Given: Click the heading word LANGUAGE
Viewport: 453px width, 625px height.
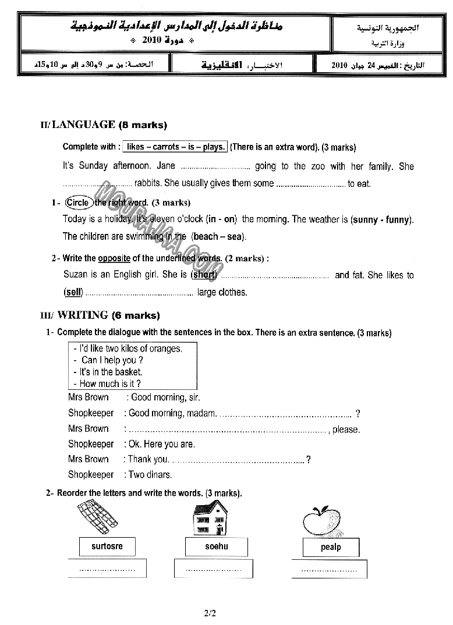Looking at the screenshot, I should point(84,125).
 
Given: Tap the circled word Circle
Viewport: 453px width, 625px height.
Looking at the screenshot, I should point(77,203).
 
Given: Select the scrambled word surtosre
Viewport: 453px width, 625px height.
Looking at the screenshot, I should point(107,546).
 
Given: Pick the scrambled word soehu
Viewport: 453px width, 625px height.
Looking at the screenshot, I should point(216,546).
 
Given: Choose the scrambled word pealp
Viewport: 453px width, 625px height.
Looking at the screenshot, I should point(331,547).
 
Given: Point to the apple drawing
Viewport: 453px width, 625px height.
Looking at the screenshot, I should point(321,520).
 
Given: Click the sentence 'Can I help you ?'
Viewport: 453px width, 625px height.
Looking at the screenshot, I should point(112,360).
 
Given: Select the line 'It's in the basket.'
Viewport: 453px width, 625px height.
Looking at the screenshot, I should point(111,372).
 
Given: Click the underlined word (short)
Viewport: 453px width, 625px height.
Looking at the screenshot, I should point(204,275).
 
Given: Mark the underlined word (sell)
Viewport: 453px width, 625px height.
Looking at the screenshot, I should point(73,292).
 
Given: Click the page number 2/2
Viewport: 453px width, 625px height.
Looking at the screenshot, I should point(210,612).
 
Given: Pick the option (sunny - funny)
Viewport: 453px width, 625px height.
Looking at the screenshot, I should point(382,219).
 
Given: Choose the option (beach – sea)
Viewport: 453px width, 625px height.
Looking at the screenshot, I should point(218,236).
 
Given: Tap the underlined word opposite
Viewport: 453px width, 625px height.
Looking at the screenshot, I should point(114,258).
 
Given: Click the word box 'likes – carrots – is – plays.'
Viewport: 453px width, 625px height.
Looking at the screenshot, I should point(175,147).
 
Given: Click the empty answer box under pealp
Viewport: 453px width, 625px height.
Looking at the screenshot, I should point(330,569).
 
